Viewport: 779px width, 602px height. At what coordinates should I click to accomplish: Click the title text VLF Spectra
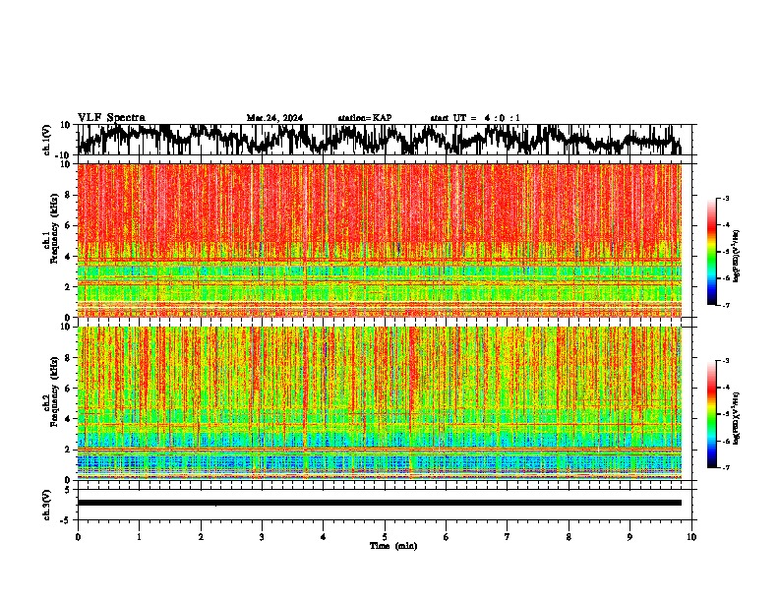click(x=111, y=118)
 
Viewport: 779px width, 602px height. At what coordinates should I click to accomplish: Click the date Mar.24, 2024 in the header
click(x=274, y=118)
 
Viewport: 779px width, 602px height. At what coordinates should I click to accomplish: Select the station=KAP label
click(x=364, y=118)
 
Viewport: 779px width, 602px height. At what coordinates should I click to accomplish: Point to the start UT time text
click(x=475, y=118)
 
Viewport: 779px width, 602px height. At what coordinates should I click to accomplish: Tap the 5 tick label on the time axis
click(x=385, y=537)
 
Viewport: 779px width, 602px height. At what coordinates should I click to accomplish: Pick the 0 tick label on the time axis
click(x=78, y=537)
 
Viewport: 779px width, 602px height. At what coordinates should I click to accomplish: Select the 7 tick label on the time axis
click(x=508, y=537)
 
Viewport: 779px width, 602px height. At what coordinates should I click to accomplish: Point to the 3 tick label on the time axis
click(x=262, y=537)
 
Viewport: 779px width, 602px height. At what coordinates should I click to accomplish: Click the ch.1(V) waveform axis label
click(x=47, y=140)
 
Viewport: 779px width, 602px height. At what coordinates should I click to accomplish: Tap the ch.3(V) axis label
click(x=47, y=503)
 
